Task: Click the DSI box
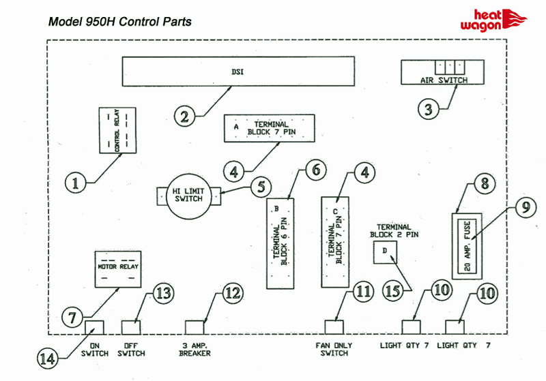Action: coord(238,71)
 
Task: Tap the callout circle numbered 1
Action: coord(78,182)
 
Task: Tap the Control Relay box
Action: coord(117,131)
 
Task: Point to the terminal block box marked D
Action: coord(385,252)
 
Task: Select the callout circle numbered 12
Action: coord(231,293)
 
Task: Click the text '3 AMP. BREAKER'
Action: coord(195,349)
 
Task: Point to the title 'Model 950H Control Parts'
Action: coord(119,21)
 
